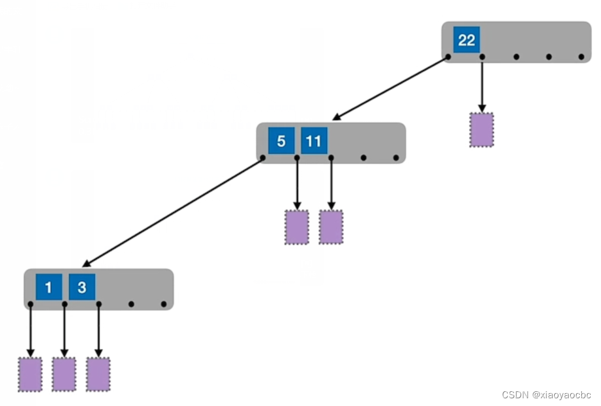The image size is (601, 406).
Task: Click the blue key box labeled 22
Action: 466,40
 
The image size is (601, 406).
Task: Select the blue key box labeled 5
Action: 281,140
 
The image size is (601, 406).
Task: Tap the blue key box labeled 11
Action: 314,140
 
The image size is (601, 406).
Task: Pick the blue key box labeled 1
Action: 48,287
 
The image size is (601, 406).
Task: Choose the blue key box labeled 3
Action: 82,287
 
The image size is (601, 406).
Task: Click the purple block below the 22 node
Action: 481,130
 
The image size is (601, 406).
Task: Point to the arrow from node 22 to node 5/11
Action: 390,88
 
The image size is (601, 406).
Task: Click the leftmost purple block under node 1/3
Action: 30,374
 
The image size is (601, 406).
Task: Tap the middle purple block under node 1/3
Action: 64,374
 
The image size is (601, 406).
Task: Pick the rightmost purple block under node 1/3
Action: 98,374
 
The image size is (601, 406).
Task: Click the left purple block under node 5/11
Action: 296,227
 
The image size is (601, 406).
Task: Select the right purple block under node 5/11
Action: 330,227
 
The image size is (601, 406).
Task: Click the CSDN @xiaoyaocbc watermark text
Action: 546,394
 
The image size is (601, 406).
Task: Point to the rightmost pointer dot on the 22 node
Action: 581,57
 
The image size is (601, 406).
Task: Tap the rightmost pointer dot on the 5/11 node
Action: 396,157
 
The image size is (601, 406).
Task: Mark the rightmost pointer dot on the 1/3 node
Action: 164,304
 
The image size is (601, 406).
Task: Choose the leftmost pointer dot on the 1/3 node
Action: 30,304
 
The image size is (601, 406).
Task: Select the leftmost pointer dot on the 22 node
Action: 448,57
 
